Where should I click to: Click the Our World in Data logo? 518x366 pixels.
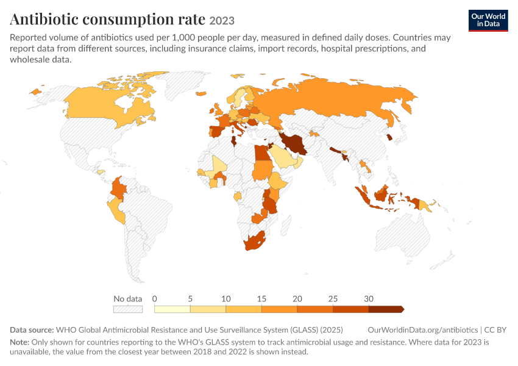(x=488, y=21)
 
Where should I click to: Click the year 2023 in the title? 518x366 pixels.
(x=222, y=21)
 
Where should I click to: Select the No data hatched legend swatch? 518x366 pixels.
(x=128, y=309)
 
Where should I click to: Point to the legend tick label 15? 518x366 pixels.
(x=261, y=299)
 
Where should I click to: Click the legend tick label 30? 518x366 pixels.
(x=369, y=299)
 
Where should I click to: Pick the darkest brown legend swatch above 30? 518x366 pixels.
(x=386, y=309)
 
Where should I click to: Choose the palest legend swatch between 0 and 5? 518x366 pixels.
(x=172, y=309)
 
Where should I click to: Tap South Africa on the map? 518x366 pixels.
(x=254, y=242)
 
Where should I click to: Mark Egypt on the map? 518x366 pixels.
(x=261, y=152)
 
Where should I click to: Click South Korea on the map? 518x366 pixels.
(x=390, y=137)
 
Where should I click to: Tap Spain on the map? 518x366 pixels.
(x=218, y=131)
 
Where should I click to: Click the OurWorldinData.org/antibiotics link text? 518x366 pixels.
(x=422, y=329)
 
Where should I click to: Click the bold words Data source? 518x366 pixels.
(x=32, y=329)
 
